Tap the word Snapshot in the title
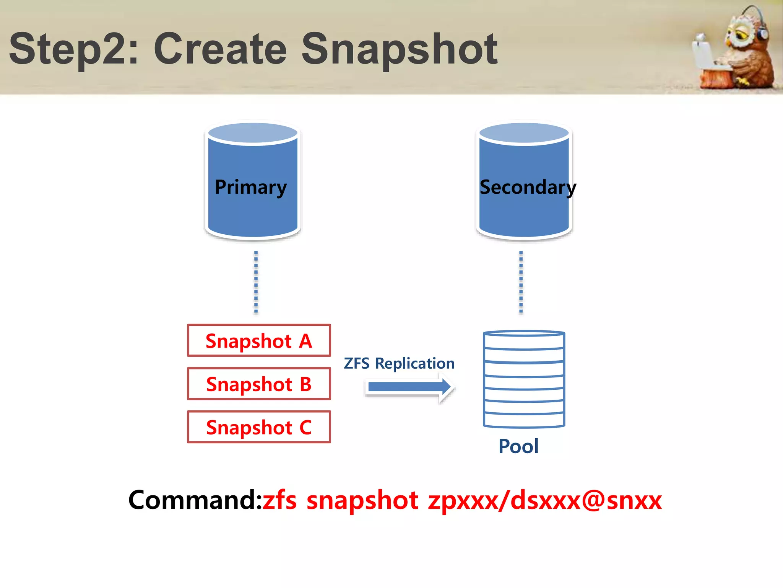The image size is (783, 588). point(399,50)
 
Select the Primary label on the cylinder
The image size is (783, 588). point(250,187)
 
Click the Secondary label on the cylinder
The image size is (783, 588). point(527,187)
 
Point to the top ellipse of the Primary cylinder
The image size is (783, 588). point(253,133)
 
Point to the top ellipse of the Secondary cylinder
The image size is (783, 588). point(524,133)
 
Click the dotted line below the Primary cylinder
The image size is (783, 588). point(256,283)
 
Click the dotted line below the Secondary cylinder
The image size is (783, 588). point(521,283)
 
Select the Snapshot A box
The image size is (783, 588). point(259,341)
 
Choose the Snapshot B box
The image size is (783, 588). point(259,384)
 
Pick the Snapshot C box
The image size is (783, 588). point(259,427)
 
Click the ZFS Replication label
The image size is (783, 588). point(399,363)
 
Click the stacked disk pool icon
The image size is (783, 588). point(524,379)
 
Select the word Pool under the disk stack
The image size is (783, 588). point(518,446)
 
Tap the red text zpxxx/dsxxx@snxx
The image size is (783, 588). point(545,500)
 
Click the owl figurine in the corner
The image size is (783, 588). point(744,50)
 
